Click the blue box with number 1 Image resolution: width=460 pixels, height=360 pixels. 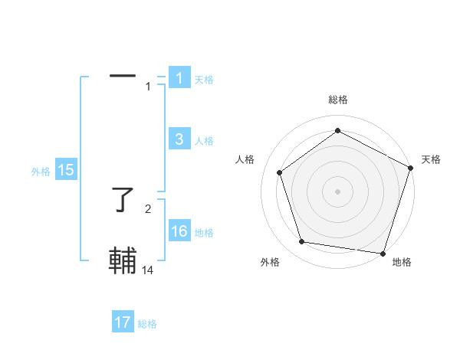(x=179, y=78)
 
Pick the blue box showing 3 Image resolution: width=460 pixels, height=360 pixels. (x=179, y=139)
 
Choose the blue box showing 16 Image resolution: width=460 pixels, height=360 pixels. (x=179, y=231)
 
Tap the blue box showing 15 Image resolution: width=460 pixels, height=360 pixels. (x=66, y=171)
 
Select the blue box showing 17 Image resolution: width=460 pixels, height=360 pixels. (x=123, y=322)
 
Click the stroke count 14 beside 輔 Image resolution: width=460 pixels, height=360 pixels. (x=149, y=270)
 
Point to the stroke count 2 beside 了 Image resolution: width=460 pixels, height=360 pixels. (x=148, y=208)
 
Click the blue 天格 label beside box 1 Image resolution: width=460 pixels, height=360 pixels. (x=204, y=79)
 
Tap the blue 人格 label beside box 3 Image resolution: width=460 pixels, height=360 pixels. (x=204, y=140)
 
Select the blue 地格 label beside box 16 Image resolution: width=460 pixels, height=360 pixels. (x=204, y=232)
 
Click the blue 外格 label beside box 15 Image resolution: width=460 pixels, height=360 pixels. (x=41, y=172)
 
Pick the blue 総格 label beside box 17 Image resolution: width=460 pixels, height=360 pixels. (x=147, y=323)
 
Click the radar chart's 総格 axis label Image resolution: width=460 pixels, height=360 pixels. (x=337, y=100)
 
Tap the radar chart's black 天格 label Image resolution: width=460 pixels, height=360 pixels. (x=432, y=159)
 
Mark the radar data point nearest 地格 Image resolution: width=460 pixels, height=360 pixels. (x=382, y=253)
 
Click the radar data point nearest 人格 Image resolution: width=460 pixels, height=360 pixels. (x=280, y=172)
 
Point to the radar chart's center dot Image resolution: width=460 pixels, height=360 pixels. (x=337, y=191)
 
